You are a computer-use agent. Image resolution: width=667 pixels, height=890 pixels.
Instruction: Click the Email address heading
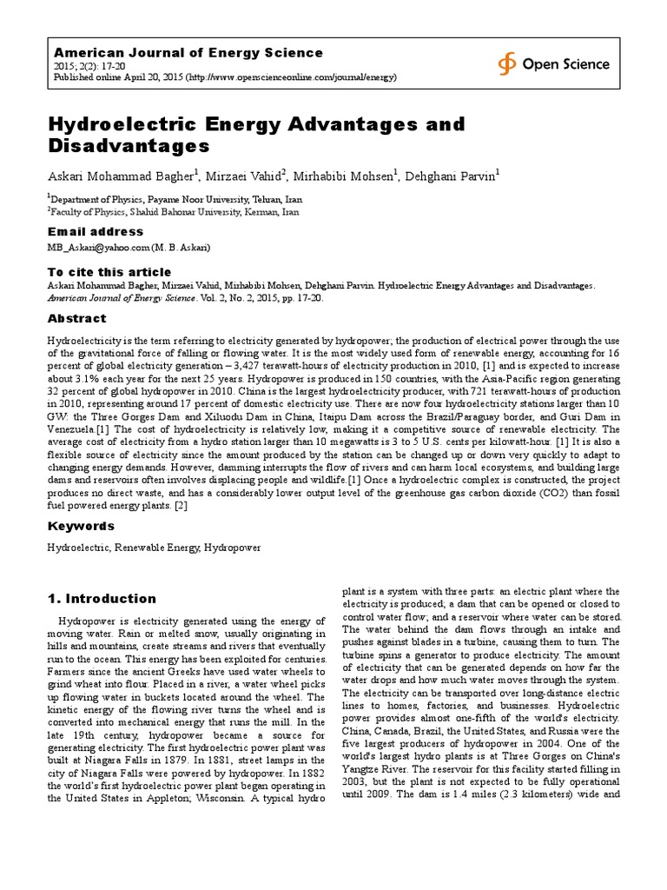[x=95, y=232]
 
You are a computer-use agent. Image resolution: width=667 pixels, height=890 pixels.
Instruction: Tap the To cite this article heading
[x=109, y=272]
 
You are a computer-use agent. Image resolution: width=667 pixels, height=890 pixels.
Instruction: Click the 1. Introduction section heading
[x=102, y=598]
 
